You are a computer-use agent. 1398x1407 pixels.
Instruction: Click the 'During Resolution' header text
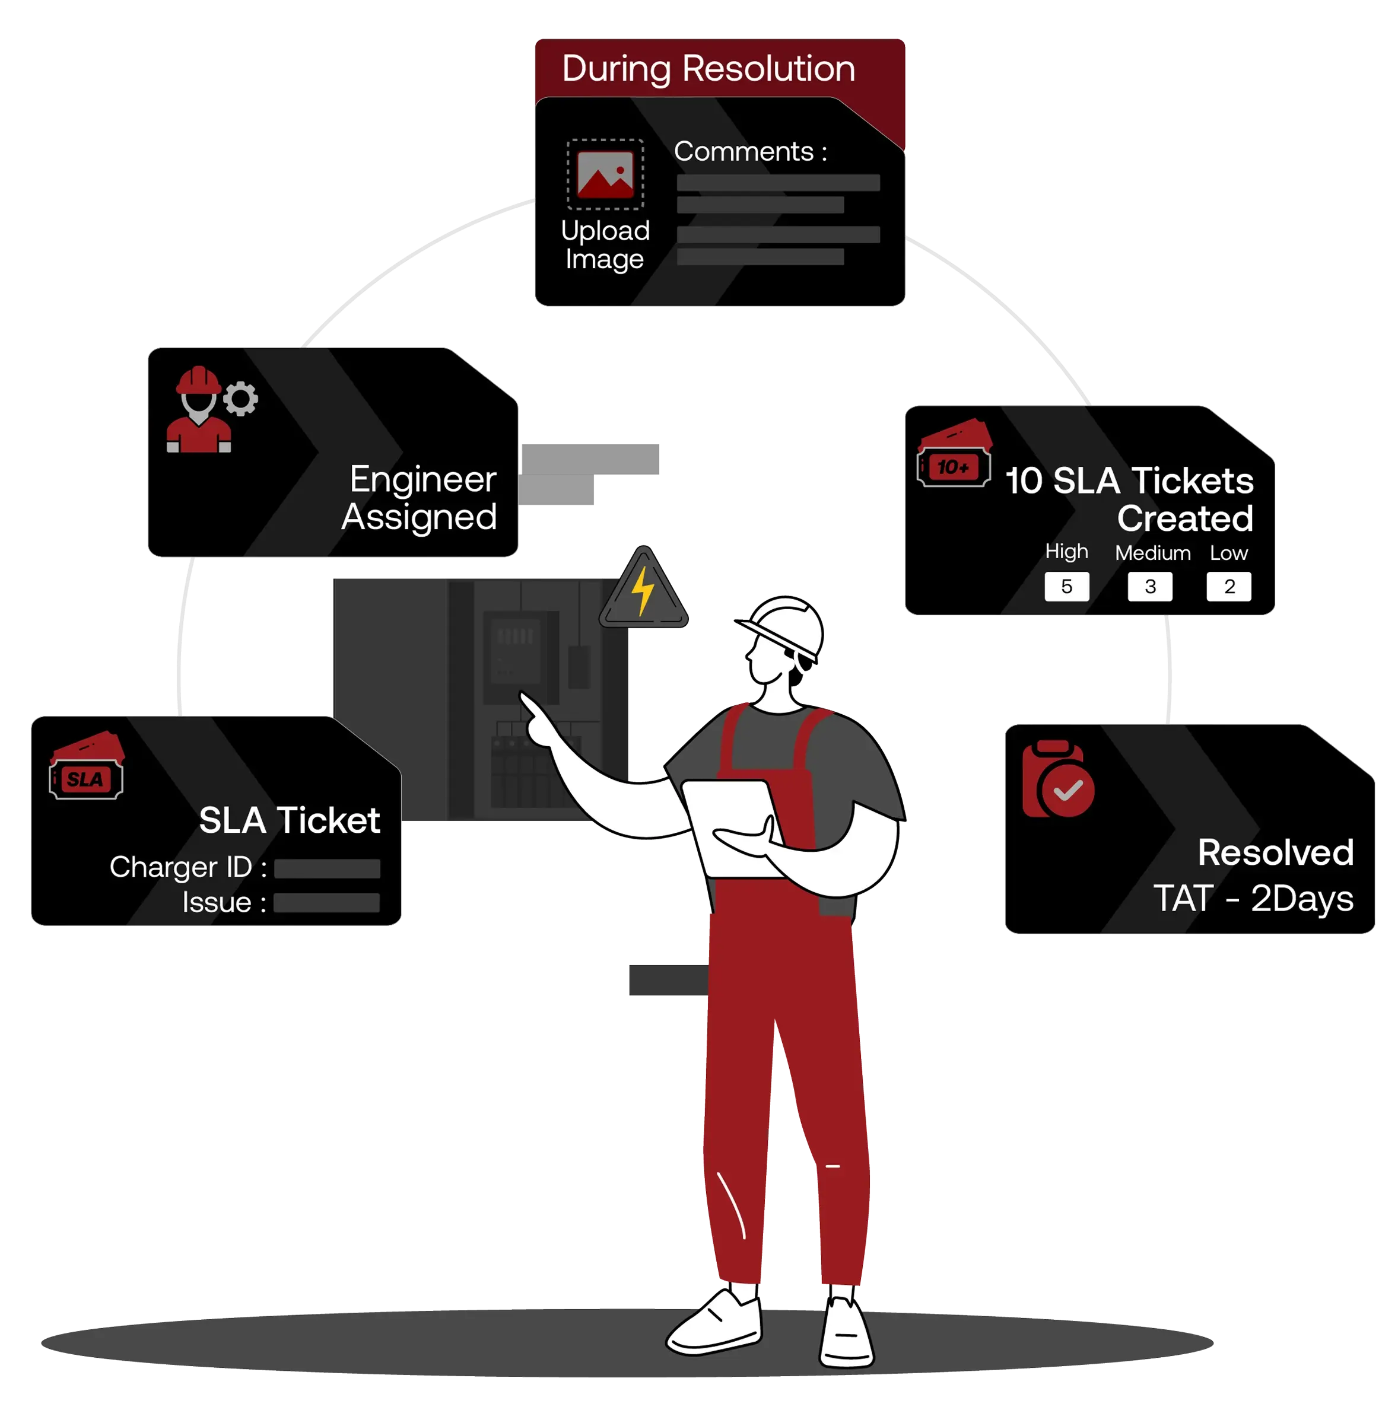click(708, 69)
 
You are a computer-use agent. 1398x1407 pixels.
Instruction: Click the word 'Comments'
click(743, 151)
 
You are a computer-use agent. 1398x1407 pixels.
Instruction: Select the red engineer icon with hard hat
click(198, 412)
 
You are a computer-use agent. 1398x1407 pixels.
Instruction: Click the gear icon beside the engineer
click(240, 399)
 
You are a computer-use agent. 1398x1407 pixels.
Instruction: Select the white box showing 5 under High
click(1066, 586)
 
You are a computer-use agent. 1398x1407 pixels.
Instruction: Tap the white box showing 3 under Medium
click(1149, 586)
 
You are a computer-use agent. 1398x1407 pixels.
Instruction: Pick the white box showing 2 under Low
click(1228, 586)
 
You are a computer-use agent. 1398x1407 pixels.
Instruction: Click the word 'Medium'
click(1152, 553)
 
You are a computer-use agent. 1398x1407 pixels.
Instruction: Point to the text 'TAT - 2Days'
click(1253, 899)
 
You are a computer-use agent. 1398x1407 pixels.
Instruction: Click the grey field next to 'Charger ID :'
click(327, 868)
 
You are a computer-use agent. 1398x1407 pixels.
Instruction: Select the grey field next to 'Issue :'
click(326, 903)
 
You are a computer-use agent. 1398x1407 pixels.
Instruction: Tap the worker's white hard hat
click(783, 626)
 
